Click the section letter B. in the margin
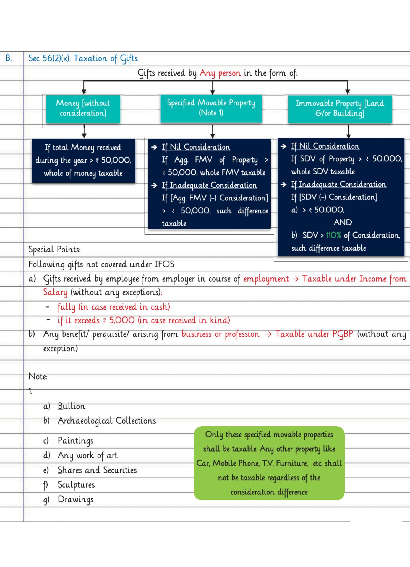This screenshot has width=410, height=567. [9, 58]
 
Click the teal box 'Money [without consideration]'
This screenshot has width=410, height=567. [83, 109]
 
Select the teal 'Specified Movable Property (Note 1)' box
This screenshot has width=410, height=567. [211, 108]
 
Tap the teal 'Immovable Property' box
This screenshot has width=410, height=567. [340, 109]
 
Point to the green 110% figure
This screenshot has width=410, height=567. [333, 235]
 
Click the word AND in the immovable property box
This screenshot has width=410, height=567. [343, 222]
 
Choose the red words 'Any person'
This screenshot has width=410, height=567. [220, 73]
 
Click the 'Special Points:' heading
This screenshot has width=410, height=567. [54, 249]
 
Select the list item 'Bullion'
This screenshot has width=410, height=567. [72, 406]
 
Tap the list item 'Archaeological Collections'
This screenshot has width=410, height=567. [107, 421]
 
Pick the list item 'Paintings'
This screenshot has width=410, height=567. [75, 441]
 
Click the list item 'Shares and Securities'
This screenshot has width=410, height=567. [97, 470]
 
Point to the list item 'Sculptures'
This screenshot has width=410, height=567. [76, 485]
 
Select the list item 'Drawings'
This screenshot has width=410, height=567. [75, 499]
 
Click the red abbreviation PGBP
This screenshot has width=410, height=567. [343, 334]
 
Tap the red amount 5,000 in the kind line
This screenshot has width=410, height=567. [122, 320]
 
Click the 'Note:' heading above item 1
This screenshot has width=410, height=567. [38, 377]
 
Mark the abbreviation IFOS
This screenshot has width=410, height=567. [164, 264]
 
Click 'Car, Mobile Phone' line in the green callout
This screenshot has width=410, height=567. [269, 463]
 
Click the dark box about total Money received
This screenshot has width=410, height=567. [83, 161]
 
